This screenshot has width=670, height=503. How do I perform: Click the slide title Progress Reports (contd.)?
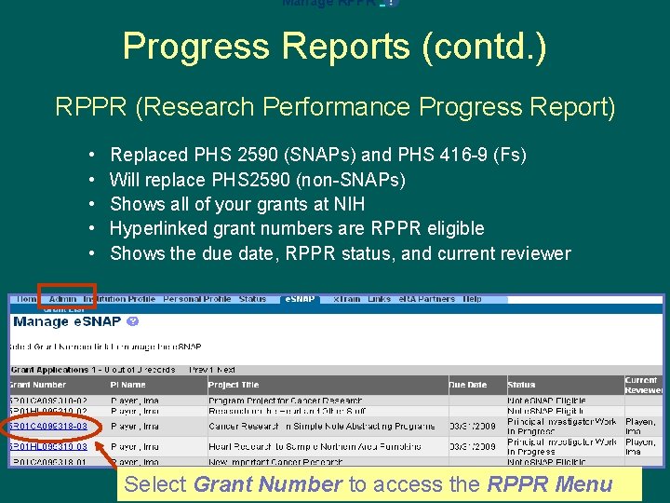pos(335,47)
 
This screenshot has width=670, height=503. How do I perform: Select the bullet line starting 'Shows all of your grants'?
pos(237,204)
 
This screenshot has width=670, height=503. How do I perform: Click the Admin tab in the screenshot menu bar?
pos(62,299)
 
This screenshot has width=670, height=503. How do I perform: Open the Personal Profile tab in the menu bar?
pos(196,299)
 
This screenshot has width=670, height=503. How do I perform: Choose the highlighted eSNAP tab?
pos(300,299)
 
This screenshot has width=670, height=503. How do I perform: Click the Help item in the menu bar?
pos(473,299)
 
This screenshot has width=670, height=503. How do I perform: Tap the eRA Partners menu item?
pos(427,299)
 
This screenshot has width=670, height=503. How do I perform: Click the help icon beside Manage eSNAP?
pos(132,321)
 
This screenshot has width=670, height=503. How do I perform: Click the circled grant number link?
pos(48,427)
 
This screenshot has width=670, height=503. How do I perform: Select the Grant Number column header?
pos(37,384)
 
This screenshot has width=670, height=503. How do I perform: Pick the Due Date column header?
pos(467,384)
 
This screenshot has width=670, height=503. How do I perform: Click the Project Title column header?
pos(234,384)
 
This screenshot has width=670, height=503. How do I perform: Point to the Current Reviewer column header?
pos(641,385)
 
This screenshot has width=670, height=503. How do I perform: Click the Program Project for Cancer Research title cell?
pos(285,400)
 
